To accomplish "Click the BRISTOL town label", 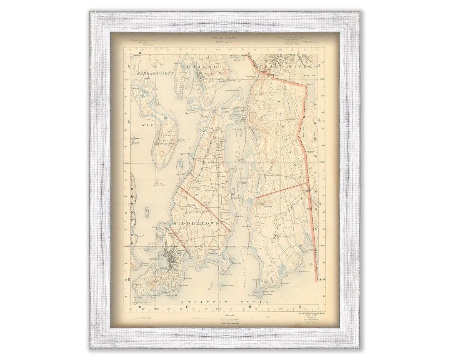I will coord(199,67).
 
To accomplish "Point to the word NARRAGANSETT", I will coord(154,73).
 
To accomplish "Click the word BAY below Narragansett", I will coord(147,125).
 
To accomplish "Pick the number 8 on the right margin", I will coord(320,280).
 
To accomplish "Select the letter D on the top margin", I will coord(140,53).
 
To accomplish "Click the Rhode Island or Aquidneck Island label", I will coord(197,207).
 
